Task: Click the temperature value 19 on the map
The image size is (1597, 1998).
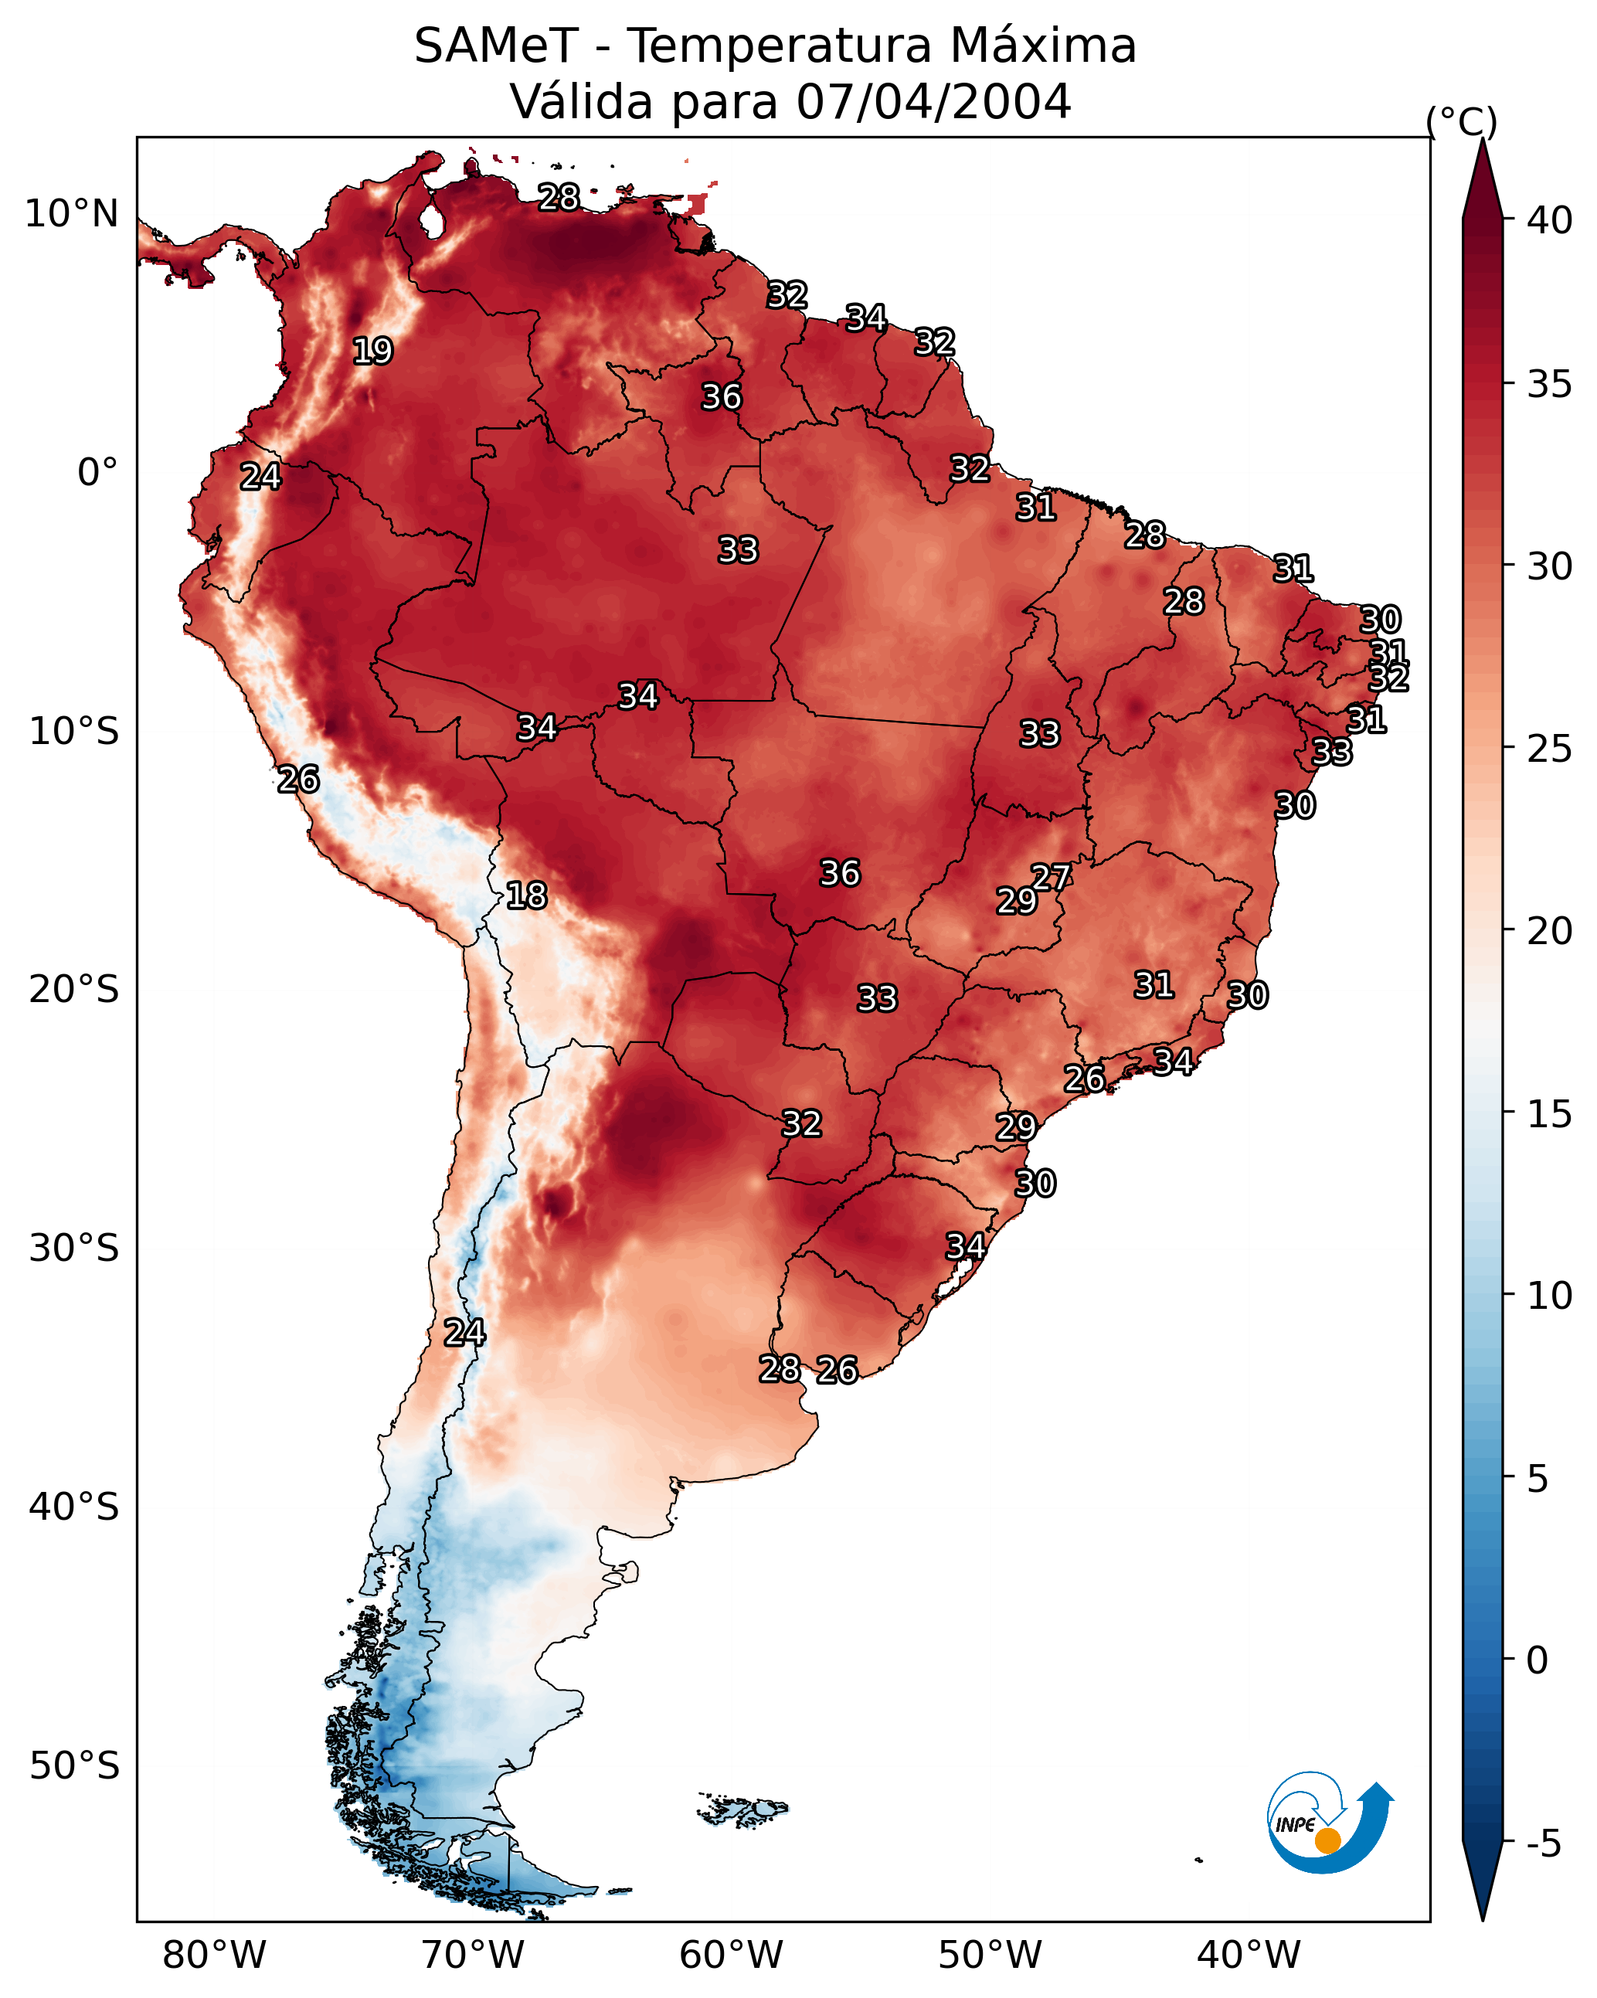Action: coord(372,352)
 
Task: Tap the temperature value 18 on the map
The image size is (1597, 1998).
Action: coord(526,895)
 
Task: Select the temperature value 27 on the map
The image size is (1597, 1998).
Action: coord(1051,877)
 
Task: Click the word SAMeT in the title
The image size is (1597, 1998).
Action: coord(496,46)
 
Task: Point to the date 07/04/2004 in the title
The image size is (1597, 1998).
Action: coord(933,102)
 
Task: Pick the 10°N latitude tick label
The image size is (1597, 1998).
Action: coord(71,214)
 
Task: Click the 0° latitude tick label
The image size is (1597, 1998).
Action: coord(97,473)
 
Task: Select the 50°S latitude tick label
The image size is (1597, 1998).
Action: coord(74,1766)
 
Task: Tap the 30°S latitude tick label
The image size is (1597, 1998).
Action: coord(74,1249)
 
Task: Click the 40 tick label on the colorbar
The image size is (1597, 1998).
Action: coord(1550,220)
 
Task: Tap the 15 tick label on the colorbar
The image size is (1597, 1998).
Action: coord(1550,1114)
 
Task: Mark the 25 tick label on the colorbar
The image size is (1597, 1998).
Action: coord(1550,749)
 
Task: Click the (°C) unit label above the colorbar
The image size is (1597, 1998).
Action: coord(1462,121)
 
